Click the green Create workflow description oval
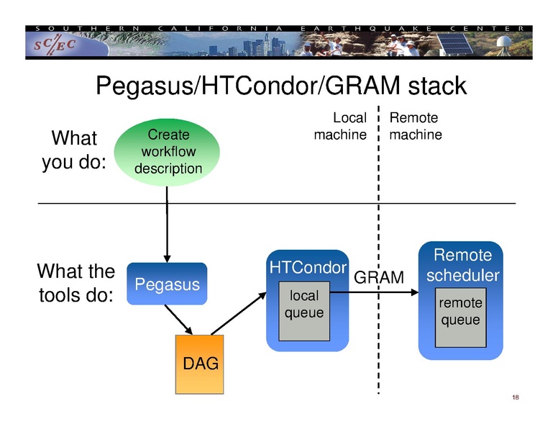click(x=168, y=152)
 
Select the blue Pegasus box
click(x=168, y=284)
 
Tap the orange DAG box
click(x=200, y=364)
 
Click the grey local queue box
click(x=304, y=311)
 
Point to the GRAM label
click(x=380, y=277)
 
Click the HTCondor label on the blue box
click(x=307, y=268)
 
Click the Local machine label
click(x=340, y=126)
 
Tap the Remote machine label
click(x=415, y=126)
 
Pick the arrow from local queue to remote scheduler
click(x=374, y=292)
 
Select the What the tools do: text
click(x=76, y=283)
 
